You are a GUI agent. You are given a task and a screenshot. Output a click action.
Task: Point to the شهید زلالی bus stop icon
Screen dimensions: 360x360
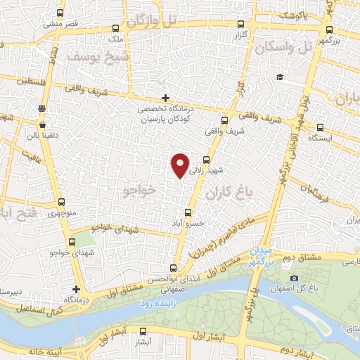[206, 160]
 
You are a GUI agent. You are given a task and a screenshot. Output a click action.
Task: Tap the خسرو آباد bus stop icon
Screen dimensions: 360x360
[188, 212]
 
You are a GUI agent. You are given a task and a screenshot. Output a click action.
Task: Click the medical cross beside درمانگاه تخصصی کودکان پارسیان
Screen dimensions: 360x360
[165, 98]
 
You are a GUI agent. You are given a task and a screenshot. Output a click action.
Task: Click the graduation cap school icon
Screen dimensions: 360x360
[280, 77]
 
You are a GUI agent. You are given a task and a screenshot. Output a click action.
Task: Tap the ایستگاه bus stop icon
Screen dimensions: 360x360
[321, 128]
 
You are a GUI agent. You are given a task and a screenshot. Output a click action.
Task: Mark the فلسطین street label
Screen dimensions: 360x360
[17, 82]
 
